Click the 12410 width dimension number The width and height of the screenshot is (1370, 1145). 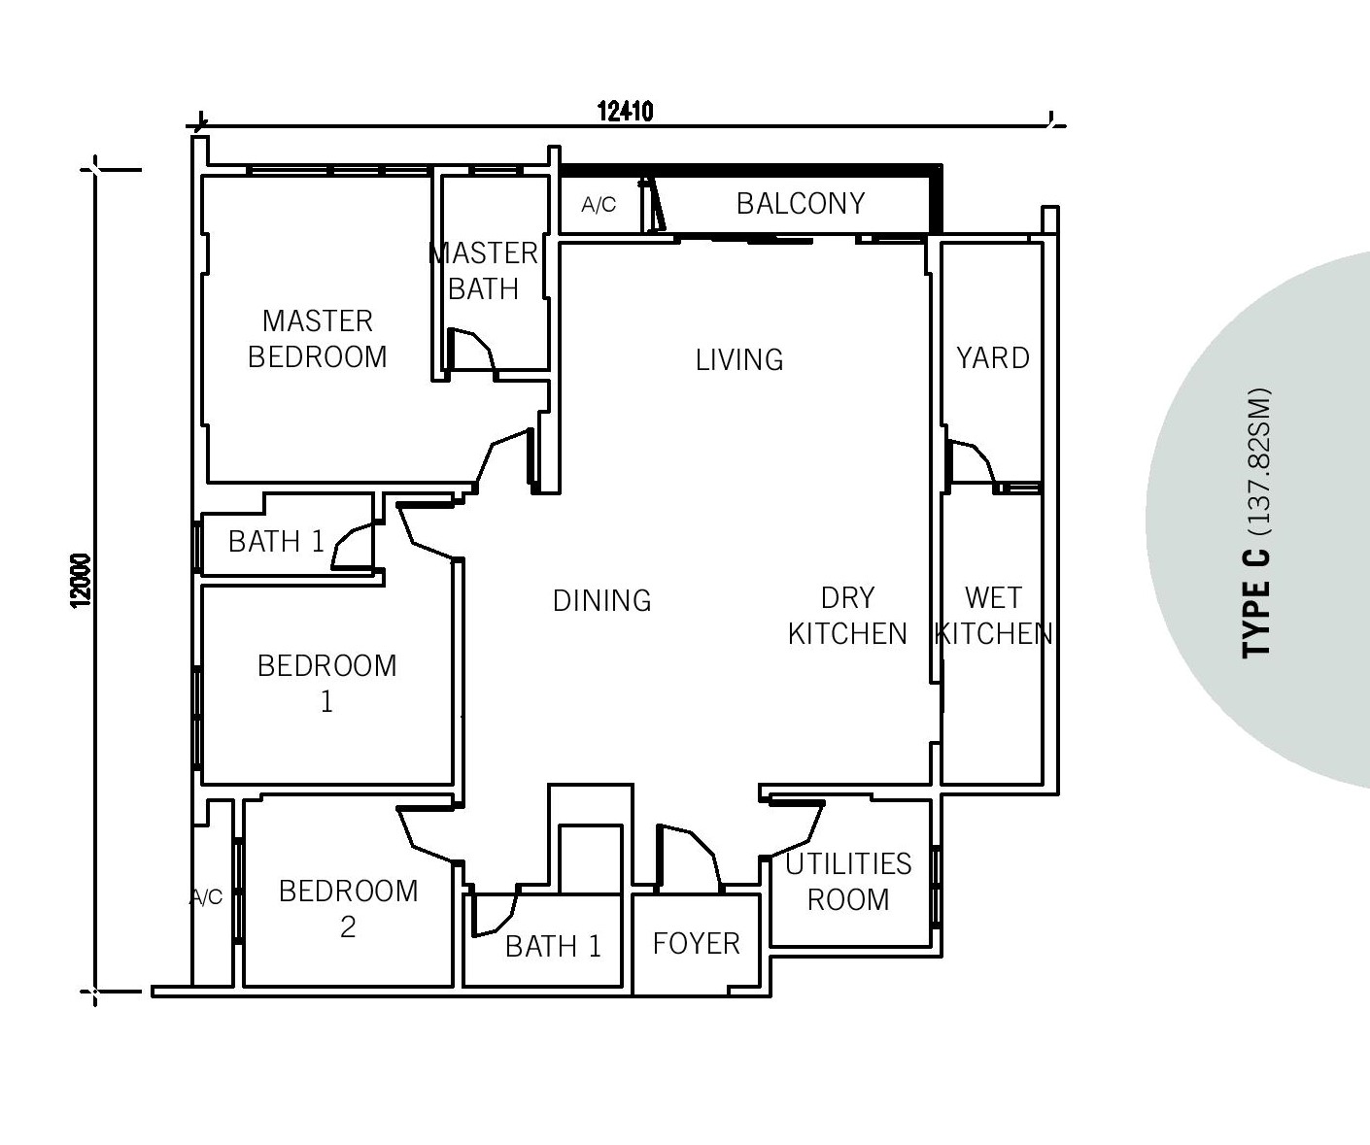tap(625, 112)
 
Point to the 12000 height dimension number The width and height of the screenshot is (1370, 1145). tap(81, 581)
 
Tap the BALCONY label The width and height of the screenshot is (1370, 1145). tap(801, 203)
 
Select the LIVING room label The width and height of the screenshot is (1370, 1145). tap(739, 360)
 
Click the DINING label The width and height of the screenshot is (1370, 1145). tap(602, 601)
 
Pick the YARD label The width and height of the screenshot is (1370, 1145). tap(993, 358)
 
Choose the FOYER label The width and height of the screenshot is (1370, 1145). tap(696, 944)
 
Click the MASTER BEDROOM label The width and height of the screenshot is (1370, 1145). tap(318, 339)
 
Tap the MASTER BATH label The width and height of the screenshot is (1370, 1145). tap(484, 271)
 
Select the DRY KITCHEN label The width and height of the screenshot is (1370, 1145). tap(847, 616)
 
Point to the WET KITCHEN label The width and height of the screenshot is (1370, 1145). tap(993, 616)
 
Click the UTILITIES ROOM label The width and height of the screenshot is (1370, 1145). tap(848, 882)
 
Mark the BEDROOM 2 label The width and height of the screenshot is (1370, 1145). tap(349, 909)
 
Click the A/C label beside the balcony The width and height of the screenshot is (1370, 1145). tap(599, 205)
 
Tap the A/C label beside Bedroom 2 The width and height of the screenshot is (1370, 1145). tap(206, 896)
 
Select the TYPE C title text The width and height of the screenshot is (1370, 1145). tap(1256, 603)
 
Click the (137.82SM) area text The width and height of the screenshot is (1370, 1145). tap(1258, 463)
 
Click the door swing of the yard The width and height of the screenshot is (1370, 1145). tap(972, 463)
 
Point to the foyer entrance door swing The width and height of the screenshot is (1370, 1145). tap(689, 855)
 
